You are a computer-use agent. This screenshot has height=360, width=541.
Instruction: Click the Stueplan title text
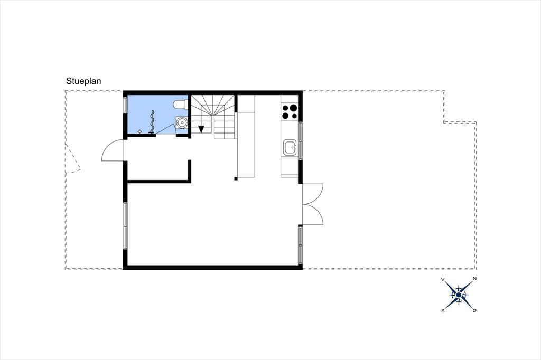83,81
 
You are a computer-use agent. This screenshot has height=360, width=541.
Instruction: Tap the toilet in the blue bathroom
181,105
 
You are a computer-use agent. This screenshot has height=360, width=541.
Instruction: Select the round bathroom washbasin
182,122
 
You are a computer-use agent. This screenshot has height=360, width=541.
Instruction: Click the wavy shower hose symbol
152,122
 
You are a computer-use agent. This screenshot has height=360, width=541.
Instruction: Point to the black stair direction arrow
201,129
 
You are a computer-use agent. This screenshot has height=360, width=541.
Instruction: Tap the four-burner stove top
290,111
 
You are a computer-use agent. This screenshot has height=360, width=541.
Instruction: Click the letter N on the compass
475,279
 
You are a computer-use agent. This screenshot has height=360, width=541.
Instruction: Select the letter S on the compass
443,311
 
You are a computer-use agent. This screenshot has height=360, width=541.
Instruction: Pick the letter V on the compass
443,279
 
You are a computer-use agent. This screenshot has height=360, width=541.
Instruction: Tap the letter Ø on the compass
475,311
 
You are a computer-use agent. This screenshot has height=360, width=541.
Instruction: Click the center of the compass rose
459,295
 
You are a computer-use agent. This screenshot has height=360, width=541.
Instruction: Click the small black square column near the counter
236,178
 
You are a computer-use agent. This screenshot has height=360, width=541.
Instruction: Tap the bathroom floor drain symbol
139,131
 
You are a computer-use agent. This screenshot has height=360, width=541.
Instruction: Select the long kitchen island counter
246,136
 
